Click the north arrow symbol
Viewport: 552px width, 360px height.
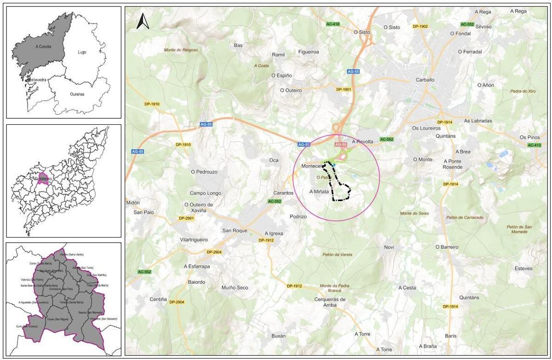143,21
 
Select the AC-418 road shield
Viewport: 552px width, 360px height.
332,23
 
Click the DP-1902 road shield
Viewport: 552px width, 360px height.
420,27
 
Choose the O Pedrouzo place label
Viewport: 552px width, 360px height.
204,172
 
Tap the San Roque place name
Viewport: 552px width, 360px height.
235,231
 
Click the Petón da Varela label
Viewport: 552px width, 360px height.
337,255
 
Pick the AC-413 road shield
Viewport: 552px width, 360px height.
534,145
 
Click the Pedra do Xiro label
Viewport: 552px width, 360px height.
523,91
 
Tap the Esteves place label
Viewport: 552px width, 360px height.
523,268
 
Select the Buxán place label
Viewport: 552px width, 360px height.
278,336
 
